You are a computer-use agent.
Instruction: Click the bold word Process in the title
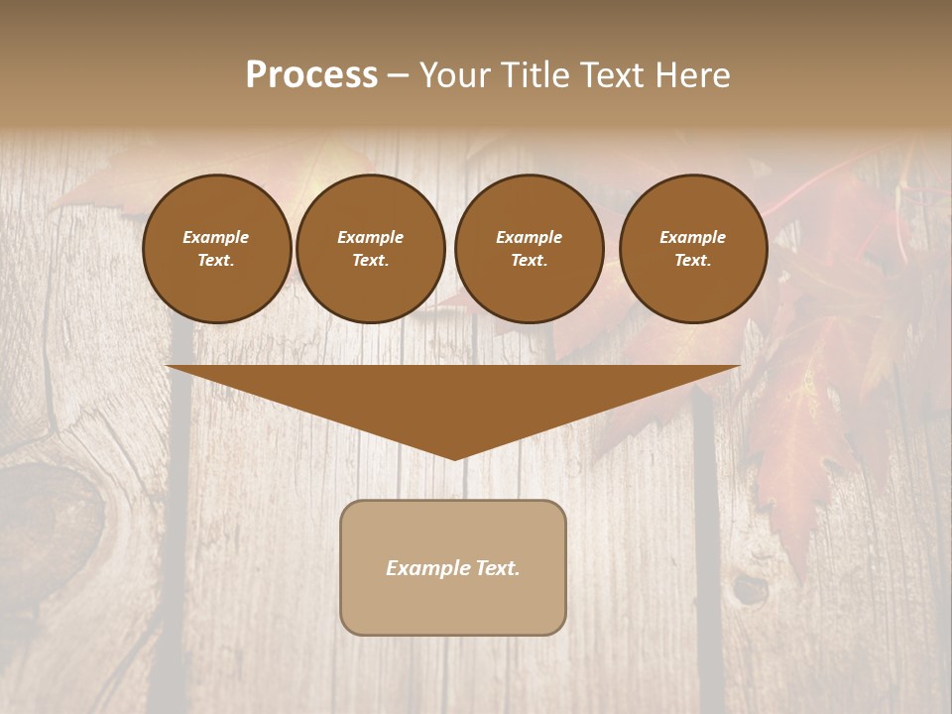click(x=311, y=75)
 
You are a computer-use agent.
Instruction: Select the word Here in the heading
click(x=691, y=75)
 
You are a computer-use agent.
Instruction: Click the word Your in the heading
click(x=457, y=75)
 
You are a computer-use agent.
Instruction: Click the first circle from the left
click(x=216, y=249)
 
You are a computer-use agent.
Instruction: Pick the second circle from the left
click(x=370, y=249)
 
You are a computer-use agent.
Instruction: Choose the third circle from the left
click(x=529, y=249)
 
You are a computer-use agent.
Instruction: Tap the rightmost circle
click(x=692, y=249)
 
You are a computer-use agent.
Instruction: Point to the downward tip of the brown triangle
click(x=454, y=458)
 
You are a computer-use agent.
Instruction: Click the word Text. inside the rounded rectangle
click(x=498, y=568)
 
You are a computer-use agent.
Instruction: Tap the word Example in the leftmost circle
click(x=216, y=237)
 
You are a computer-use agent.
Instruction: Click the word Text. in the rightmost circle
click(x=692, y=261)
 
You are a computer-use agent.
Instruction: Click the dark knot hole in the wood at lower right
click(x=750, y=590)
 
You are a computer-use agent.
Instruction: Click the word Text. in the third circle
click(x=529, y=261)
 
